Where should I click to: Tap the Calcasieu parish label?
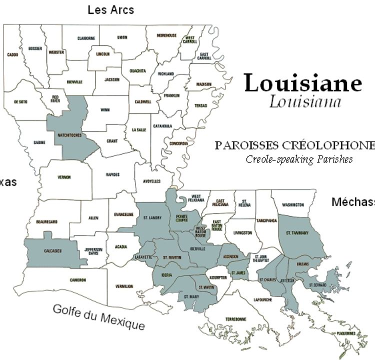[x=52, y=251]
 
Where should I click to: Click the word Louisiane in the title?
[x=303, y=83]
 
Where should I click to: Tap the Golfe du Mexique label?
[x=99, y=317]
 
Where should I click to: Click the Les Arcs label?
[x=110, y=9]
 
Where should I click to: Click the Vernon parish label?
[x=64, y=177]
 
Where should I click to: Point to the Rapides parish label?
[x=113, y=175]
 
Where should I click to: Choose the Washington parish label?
[x=292, y=205]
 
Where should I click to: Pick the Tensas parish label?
[x=200, y=106]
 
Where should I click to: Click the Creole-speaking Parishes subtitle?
[x=299, y=159]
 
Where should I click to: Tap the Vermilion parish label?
[x=124, y=286]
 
